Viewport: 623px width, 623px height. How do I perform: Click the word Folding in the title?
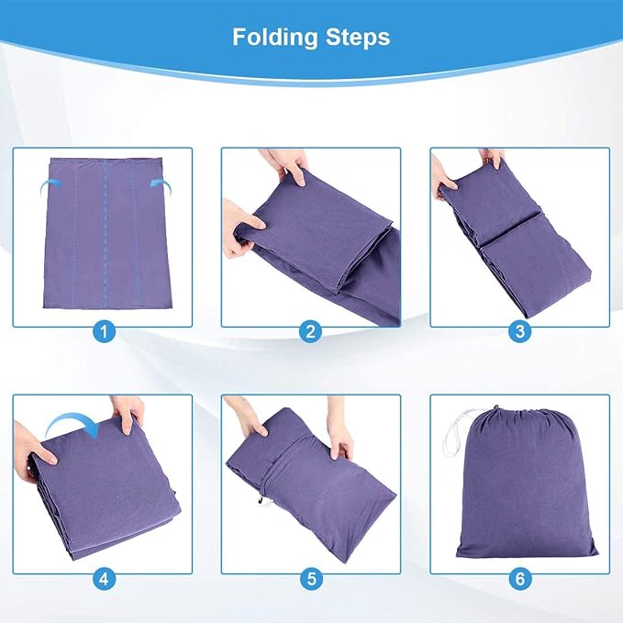[275, 37]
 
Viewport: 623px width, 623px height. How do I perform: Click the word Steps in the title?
[358, 37]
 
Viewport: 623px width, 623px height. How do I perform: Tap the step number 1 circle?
[104, 331]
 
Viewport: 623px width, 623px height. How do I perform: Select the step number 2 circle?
[311, 331]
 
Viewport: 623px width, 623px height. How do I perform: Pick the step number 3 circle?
[519, 331]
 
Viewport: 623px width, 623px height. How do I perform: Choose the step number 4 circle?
[104, 579]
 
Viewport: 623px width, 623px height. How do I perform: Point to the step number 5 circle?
[311, 579]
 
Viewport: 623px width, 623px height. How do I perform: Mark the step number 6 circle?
[519, 579]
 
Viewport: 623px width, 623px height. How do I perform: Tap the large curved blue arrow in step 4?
[72, 422]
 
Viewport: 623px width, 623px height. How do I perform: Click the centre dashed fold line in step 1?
[106, 234]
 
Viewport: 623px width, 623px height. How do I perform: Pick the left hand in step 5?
[247, 417]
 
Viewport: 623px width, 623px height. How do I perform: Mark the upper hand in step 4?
[128, 413]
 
